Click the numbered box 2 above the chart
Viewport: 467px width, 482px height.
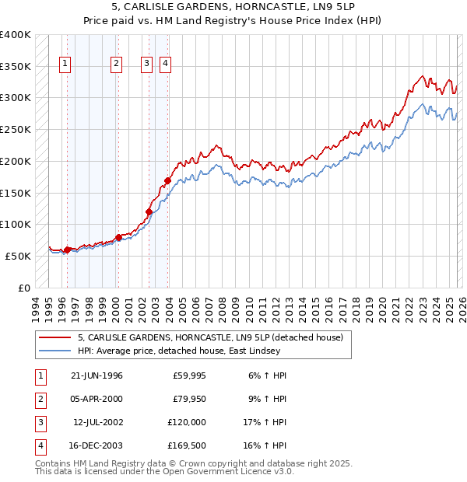tap(116, 65)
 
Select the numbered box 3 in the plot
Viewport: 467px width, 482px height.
tap(146, 65)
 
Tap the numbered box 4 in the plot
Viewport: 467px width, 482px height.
tap(166, 65)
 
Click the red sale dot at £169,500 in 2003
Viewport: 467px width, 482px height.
tap(167, 180)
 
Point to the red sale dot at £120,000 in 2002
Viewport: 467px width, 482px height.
tap(149, 211)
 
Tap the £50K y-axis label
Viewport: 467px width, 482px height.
tap(18, 256)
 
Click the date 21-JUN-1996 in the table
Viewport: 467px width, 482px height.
tap(97, 375)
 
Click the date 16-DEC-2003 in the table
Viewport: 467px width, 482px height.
tap(97, 445)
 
